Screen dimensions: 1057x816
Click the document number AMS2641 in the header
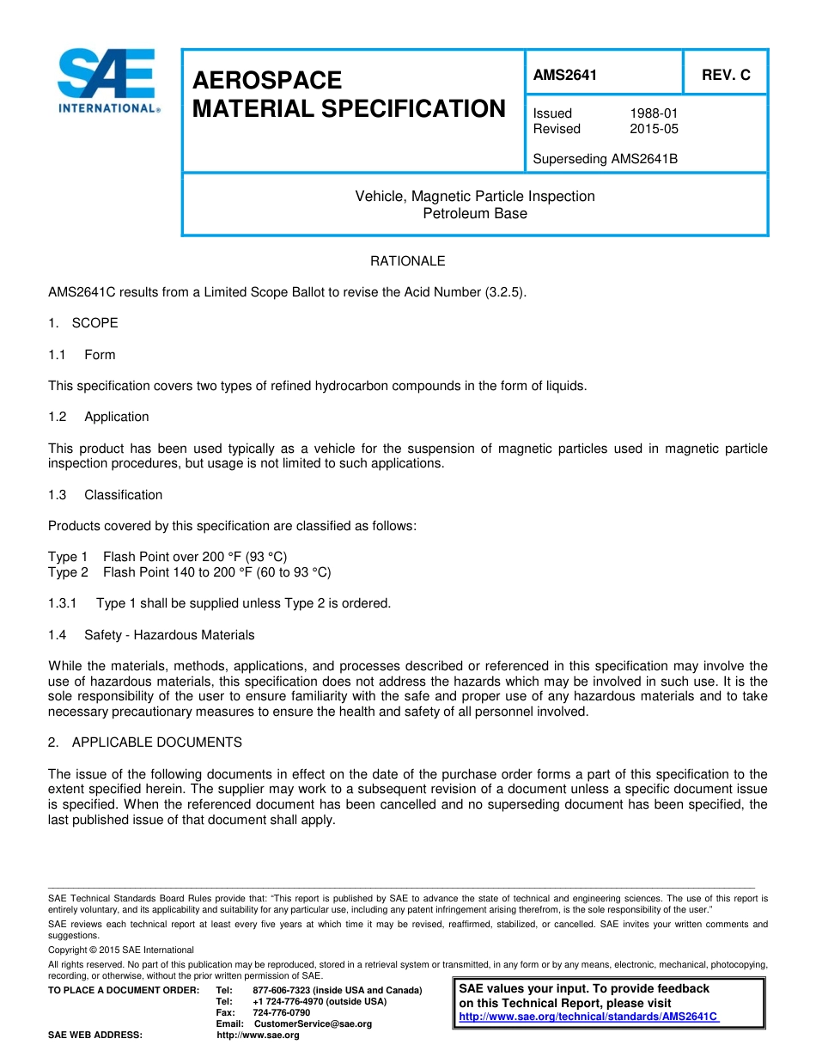point(564,75)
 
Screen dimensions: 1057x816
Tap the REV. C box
point(725,75)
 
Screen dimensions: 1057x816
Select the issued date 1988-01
point(654,113)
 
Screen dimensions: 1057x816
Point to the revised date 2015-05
point(654,129)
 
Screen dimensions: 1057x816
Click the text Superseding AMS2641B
point(605,159)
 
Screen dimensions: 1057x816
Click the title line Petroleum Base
point(475,213)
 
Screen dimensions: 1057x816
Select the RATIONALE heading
point(407,260)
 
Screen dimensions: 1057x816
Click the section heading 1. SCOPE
point(83,323)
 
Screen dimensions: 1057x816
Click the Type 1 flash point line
point(174,557)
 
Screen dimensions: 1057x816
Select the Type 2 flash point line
point(189,572)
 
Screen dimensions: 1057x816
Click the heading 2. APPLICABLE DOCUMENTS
point(145,742)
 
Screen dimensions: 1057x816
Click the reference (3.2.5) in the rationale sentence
point(504,292)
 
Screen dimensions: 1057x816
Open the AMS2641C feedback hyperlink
point(588,1016)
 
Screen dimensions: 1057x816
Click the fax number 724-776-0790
point(281,1012)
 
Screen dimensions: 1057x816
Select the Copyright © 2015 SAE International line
point(121,950)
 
